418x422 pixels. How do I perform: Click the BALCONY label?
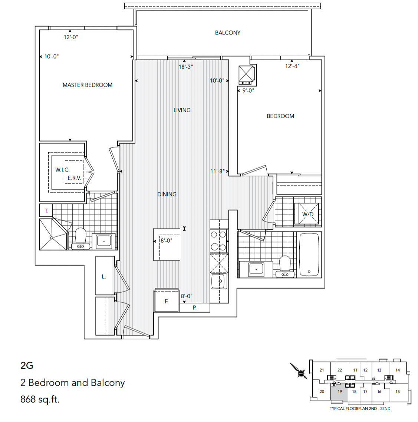227,33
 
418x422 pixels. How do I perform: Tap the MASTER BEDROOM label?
87,85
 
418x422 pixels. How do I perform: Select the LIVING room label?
182,110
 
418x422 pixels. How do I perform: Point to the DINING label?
167,194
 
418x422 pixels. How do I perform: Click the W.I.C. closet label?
62,170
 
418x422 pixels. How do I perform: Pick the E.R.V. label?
74,178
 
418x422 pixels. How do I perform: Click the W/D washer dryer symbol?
307,214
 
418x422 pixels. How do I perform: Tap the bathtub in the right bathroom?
309,255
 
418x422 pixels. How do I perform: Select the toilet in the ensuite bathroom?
80,238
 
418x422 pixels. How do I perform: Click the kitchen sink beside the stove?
219,281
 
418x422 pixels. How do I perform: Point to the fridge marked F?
167,302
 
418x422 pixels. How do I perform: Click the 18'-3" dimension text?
185,67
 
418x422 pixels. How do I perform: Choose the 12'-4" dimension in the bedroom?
292,66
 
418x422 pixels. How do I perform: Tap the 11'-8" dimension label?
217,171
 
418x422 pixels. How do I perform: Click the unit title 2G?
27,365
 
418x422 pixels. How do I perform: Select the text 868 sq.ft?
40,399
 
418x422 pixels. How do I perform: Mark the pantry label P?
195,308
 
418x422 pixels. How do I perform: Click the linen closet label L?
104,276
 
